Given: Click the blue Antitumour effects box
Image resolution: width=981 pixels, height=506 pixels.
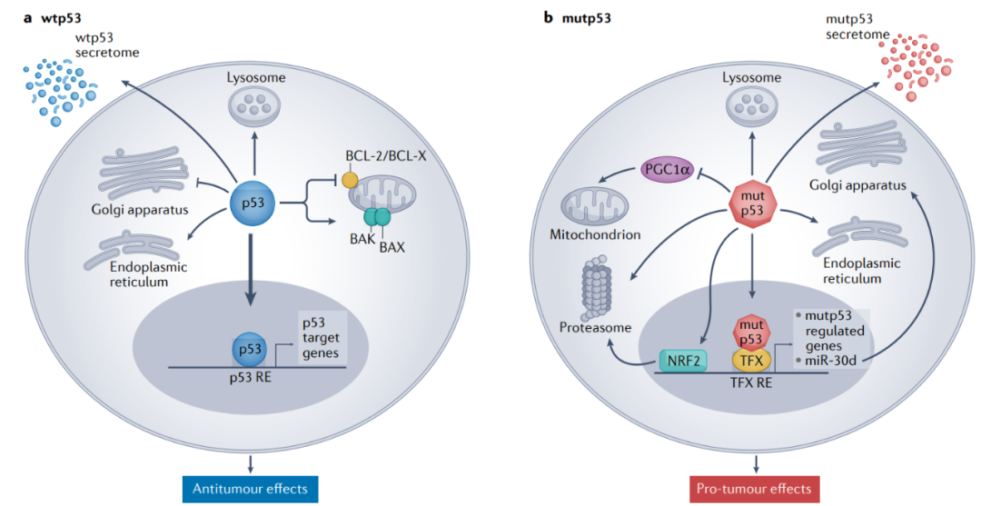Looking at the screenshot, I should pos(249,489).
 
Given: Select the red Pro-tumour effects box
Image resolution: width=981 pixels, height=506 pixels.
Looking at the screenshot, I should pos(753,489).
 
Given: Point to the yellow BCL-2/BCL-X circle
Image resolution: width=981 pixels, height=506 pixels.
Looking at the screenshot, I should pos(349,182).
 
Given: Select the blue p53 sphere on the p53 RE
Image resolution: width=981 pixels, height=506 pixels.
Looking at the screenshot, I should pos(250,349).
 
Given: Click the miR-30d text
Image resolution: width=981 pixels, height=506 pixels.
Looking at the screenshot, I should pos(829,361).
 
